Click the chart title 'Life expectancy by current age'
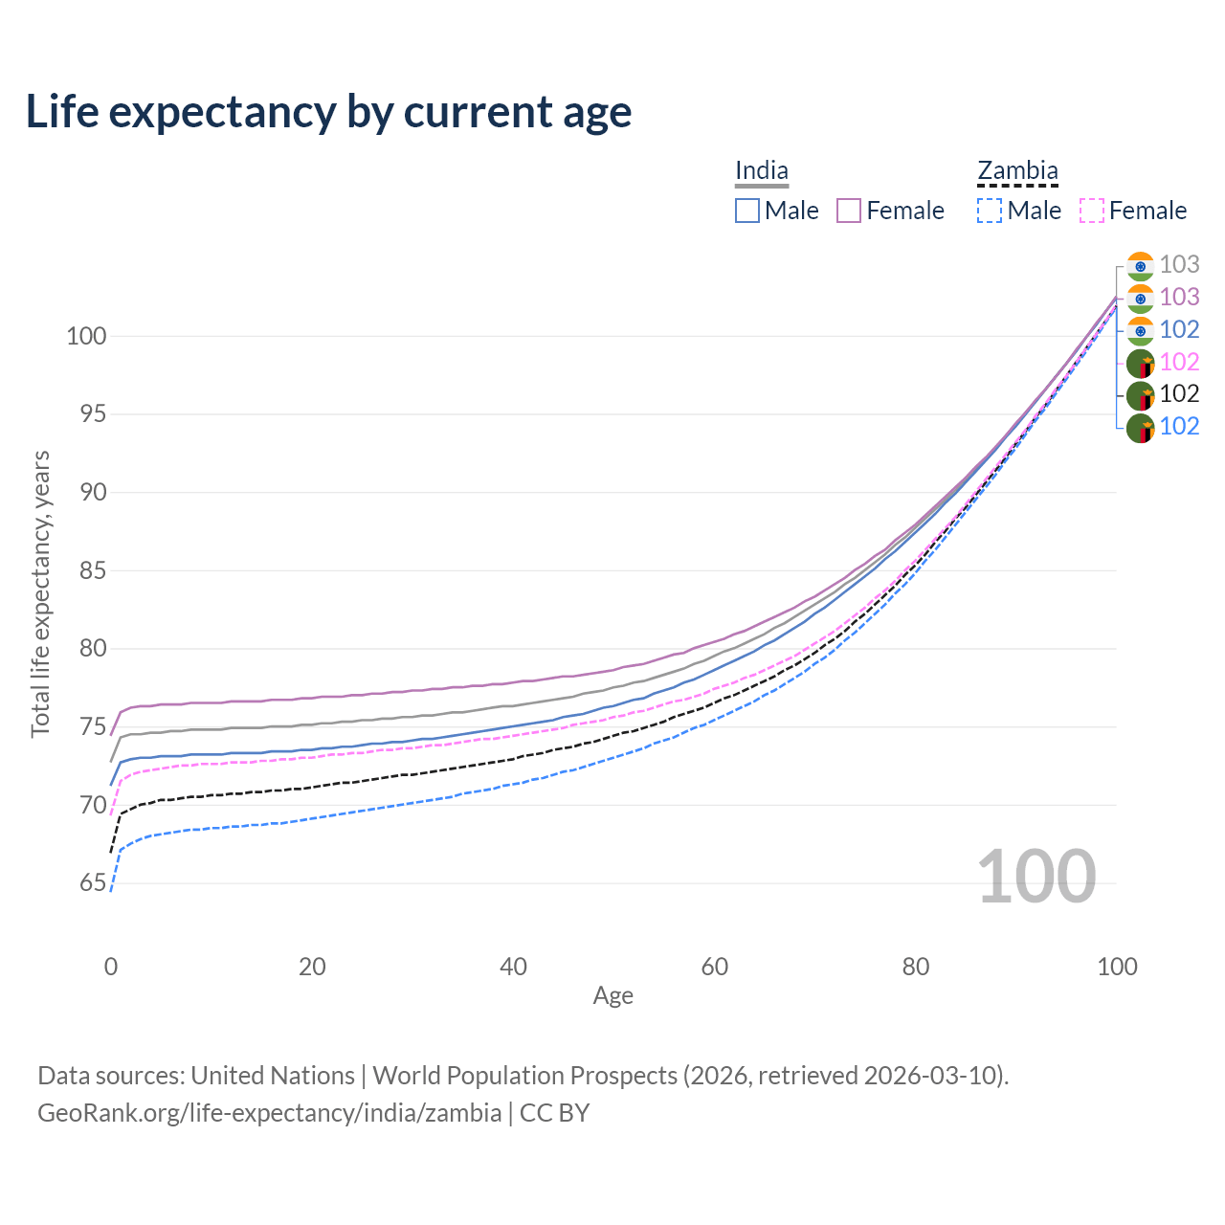click(x=328, y=111)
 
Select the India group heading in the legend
click(x=762, y=170)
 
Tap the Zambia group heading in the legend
click(x=1017, y=170)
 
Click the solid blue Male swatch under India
click(x=747, y=211)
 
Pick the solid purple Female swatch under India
click(x=850, y=211)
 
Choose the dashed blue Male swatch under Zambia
click(x=990, y=211)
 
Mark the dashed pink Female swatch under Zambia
click(x=1092, y=211)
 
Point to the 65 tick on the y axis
click(x=93, y=882)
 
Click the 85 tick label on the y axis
click(x=93, y=570)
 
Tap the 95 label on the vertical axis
click(x=93, y=414)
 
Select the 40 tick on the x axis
click(x=513, y=967)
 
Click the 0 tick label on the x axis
click(x=111, y=967)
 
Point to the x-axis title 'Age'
click(x=612, y=995)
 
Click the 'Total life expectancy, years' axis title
click(x=40, y=593)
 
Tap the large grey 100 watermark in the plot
click(x=1036, y=877)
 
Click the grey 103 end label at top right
click(x=1179, y=264)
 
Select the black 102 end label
click(x=1179, y=393)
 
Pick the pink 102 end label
click(x=1179, y=362)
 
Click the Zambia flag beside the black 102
click(x=1140, y=395)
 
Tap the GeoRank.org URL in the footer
click(x=269, y=1113)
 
